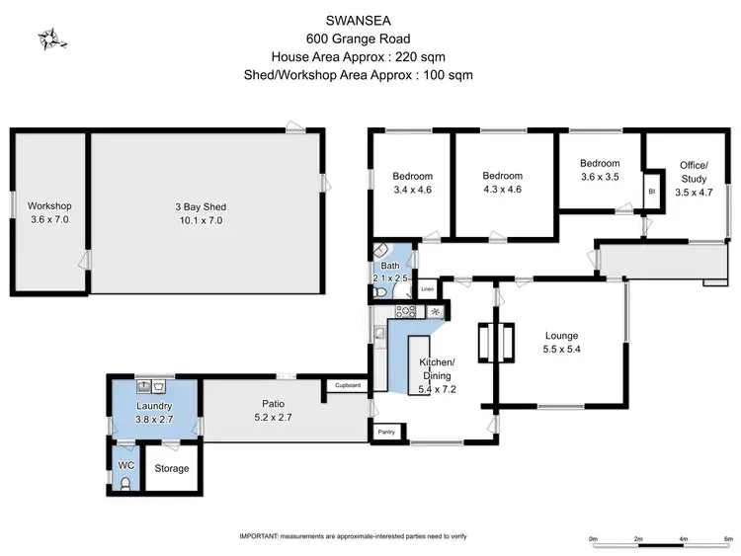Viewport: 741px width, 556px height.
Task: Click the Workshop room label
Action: coord(48,205)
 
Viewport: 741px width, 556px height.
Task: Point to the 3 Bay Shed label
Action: coord(202,206)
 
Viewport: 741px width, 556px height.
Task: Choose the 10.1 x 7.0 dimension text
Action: coord(202,220)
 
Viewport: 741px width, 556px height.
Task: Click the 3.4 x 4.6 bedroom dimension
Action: coord(412,189)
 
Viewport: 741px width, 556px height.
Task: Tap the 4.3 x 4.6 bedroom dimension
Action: coord(502,189)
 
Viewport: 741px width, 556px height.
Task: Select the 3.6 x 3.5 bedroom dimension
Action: coord(599,178)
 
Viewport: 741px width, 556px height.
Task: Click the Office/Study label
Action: coord(693,172)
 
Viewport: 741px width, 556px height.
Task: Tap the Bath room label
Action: coord(390,266)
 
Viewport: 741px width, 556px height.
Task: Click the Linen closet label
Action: coord(427,289)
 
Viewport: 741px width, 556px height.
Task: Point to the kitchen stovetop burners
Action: coord(404,311)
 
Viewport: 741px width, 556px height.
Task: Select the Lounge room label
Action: coord(560,336)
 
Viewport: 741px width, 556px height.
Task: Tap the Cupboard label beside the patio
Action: coord(347,385)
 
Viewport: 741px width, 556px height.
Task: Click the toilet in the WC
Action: coord(123,482)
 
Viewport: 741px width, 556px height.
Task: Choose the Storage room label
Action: coord(171,468)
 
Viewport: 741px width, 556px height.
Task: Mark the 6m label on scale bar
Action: coord(727,538)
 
